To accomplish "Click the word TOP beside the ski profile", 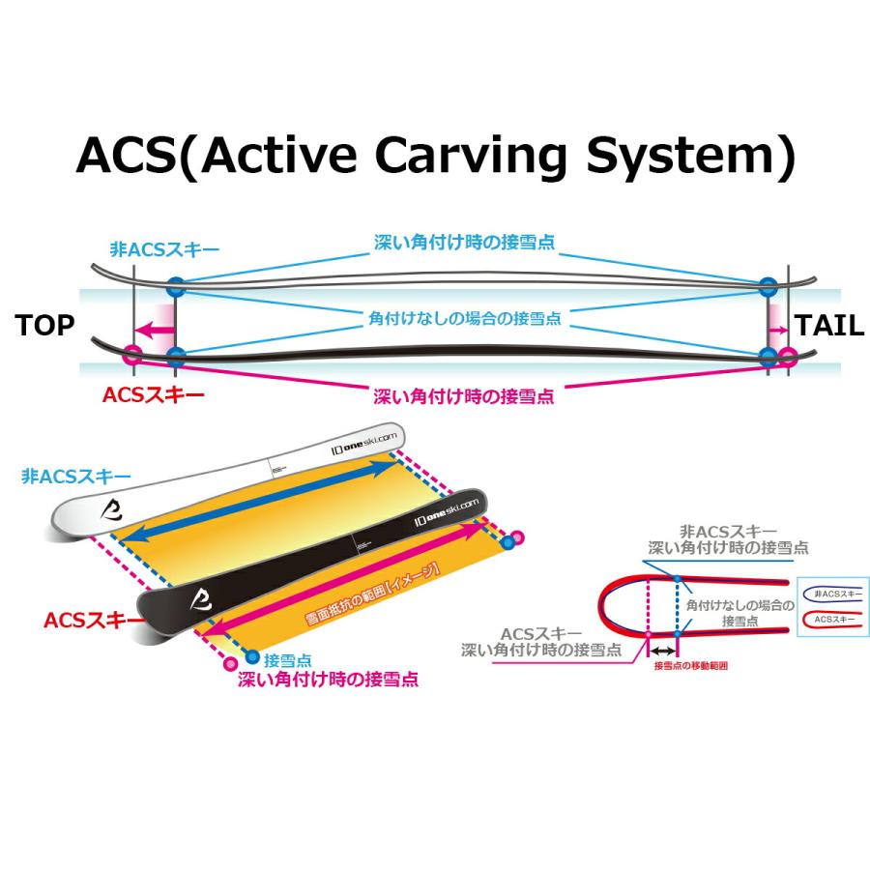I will (44, 326).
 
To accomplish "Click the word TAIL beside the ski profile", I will (828, 326).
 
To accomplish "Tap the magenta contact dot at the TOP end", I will (132, 356).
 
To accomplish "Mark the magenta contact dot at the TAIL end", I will (788, 357).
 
